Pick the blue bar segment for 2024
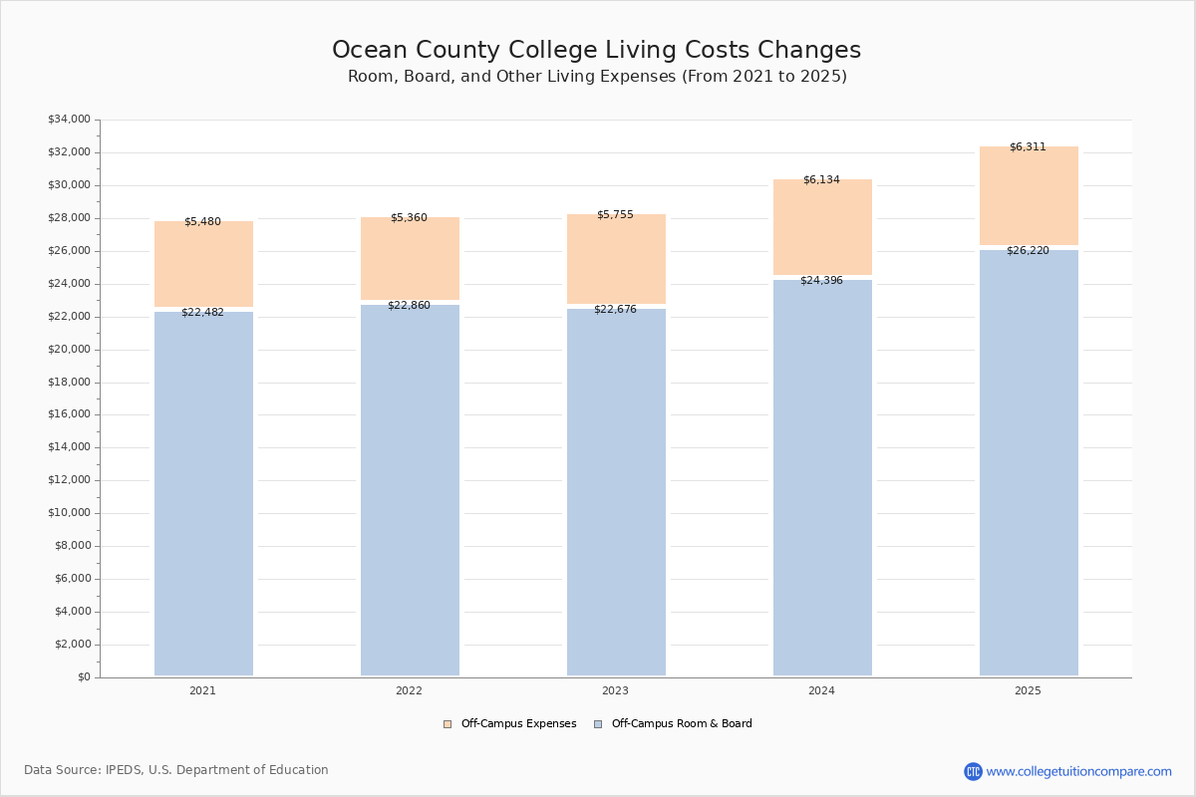(822, 478)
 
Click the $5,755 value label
(615, 215)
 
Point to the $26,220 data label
(1028, 251)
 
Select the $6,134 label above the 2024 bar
(821, 180)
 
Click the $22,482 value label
(202, 313)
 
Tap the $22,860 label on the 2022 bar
(409, 306)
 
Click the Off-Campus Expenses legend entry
(510, 724)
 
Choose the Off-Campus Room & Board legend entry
(673, 724)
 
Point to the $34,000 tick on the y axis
(69, 120)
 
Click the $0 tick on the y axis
(84, 677)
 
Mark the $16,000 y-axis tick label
(69, 414)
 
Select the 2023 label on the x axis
(615, 691)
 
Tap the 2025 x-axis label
(1028, 691)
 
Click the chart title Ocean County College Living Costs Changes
(596, 51)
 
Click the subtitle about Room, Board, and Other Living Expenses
(596, 77)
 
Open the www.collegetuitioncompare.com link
(1078, 771)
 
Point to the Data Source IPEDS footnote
(176, 770)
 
